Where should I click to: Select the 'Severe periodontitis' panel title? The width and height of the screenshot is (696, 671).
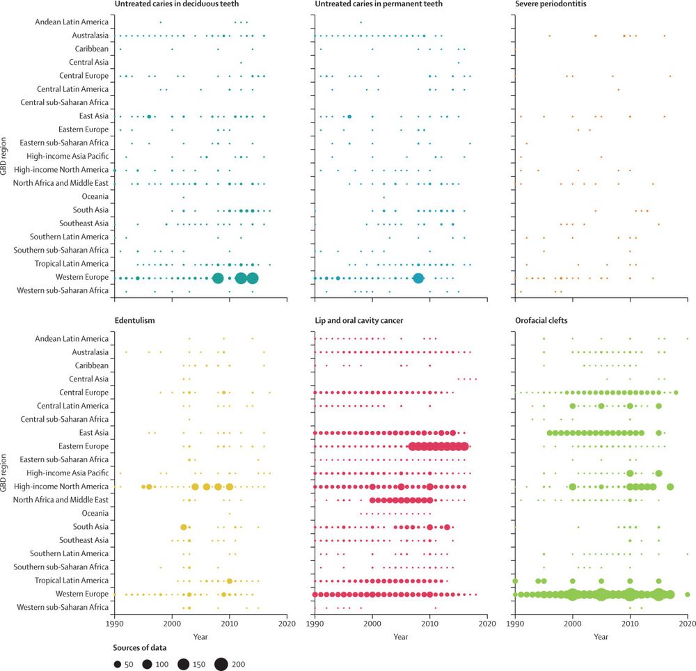click(x=553, y=6)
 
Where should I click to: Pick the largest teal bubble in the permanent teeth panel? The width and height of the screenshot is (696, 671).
click(x=418, y=278)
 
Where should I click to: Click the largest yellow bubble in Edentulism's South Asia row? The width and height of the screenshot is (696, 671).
click(x=184, y=527)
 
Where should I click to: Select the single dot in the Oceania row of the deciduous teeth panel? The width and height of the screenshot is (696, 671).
click(x=184, y=197)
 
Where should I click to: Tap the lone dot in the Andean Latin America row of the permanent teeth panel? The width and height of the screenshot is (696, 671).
click(x=361, y=22)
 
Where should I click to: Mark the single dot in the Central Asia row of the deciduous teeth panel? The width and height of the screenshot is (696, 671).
click(x=241, y=63)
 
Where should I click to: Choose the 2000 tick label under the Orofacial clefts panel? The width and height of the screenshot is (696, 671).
click(x=573, y=624)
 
